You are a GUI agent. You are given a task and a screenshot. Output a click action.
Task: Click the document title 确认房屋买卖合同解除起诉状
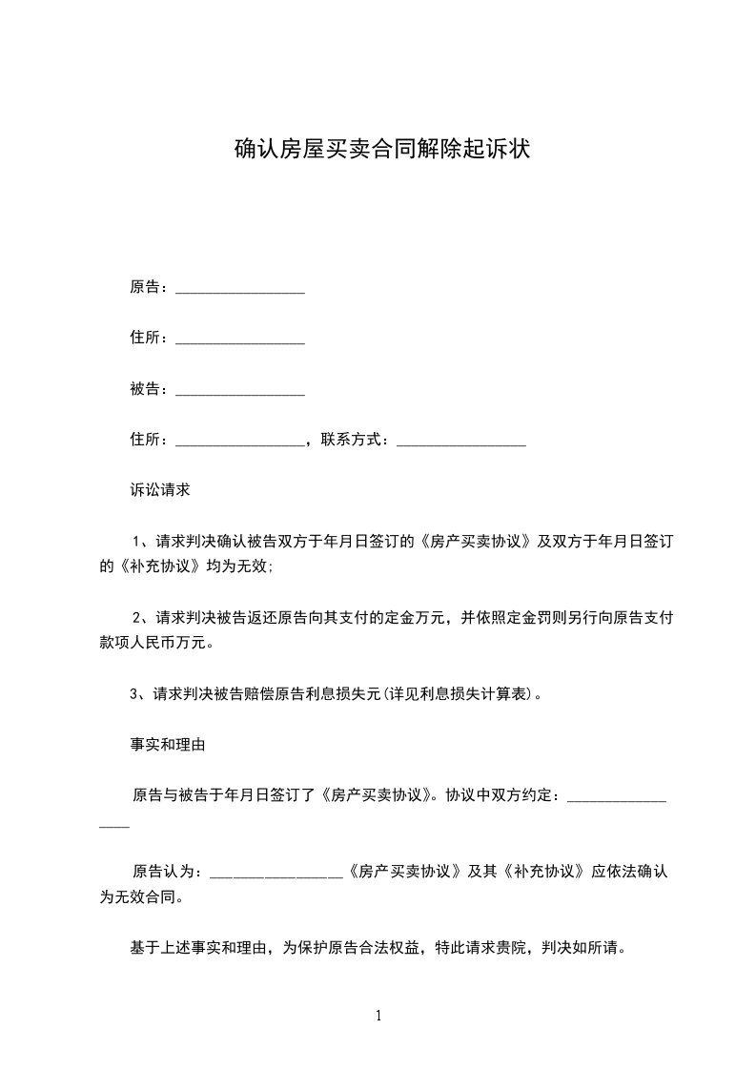(x=381, y=150)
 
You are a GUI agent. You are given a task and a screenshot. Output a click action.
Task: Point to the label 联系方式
(x=353, y=440)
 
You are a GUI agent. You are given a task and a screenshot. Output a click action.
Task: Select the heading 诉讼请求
(x=160, y=490)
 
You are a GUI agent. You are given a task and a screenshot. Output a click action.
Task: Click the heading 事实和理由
(x=168, y=744)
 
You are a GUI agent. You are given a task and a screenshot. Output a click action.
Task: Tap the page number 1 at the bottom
(x=378, y=1017)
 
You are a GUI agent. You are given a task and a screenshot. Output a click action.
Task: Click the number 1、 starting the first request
(x=141, y=541)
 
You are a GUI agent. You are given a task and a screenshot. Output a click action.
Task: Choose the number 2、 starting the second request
(x=141, y=617)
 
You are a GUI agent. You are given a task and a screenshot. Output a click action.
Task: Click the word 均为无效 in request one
(x=240, y=566)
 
